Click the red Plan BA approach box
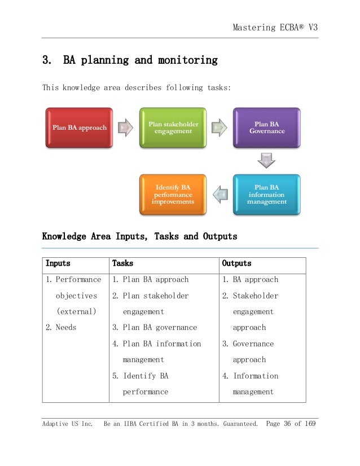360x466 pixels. tap(79, 127)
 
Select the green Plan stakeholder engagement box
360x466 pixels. tap(173, 127)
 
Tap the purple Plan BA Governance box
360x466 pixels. tap(267, 127)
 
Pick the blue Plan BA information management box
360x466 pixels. tap(267, 195)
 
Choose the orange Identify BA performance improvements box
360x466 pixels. tap(173, 195)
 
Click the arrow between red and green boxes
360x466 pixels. tap(126, 127)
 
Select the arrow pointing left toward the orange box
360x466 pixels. tap(220, 195)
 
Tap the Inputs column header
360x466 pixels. tap(58, 263)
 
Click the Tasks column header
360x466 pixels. tap(123, 263)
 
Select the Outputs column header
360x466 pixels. tap(237, 263)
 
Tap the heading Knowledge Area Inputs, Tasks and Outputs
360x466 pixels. tap(139, 236)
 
